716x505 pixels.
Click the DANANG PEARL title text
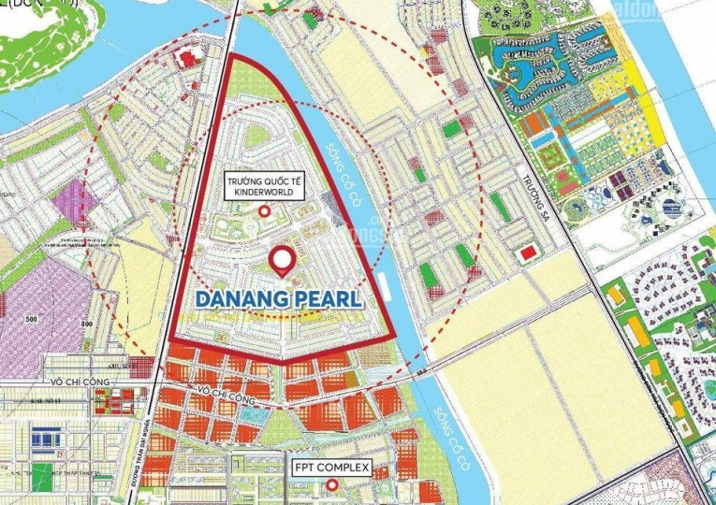281,302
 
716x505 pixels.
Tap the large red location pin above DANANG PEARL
280,260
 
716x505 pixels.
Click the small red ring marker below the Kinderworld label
265,212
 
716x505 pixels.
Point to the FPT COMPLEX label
330,467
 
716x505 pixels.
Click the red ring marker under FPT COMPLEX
330,485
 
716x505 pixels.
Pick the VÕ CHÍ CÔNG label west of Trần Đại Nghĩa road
83,383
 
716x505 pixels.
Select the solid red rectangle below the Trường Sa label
527,251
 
